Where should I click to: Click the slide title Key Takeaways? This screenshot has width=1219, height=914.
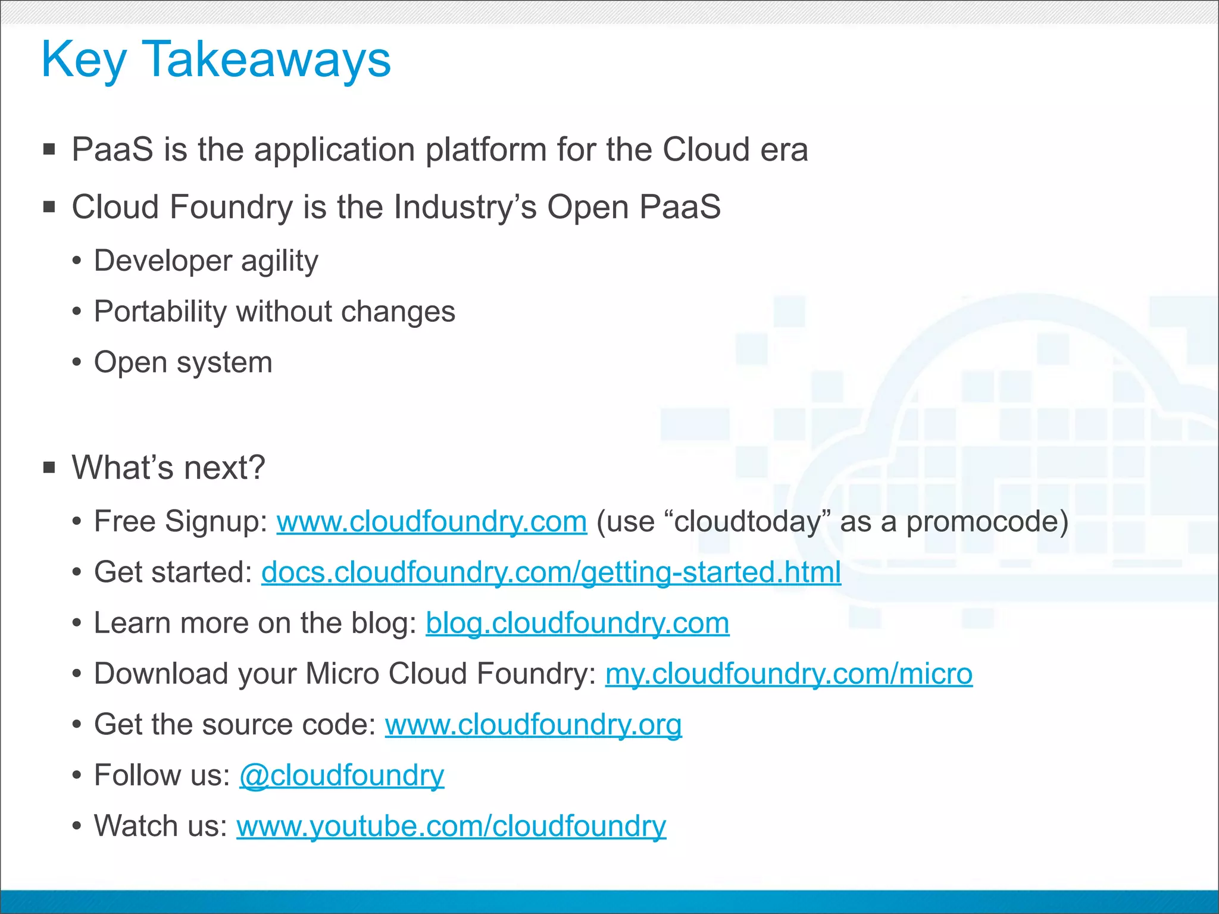[215, 60]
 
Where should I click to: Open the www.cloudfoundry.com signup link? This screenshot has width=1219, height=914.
[432, 522]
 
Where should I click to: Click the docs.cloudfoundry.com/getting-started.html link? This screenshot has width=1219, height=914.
[551, 572]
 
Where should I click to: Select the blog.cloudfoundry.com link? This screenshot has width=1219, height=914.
[577, 624]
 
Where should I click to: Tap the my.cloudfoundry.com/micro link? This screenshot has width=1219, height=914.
[789, 674]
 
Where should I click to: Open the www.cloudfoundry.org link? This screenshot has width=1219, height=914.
[533, 725]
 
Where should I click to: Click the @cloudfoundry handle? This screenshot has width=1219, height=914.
[342, 775]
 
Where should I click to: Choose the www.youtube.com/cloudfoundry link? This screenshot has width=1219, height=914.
[451, 827]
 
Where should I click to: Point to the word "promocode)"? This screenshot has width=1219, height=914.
[987, 522]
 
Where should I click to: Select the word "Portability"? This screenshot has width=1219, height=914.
[160, 312]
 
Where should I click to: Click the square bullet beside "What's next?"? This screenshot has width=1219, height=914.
[49, 468]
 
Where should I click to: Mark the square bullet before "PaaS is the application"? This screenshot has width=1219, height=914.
[49, 149]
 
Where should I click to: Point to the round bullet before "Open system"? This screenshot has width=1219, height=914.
[76, 362]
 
